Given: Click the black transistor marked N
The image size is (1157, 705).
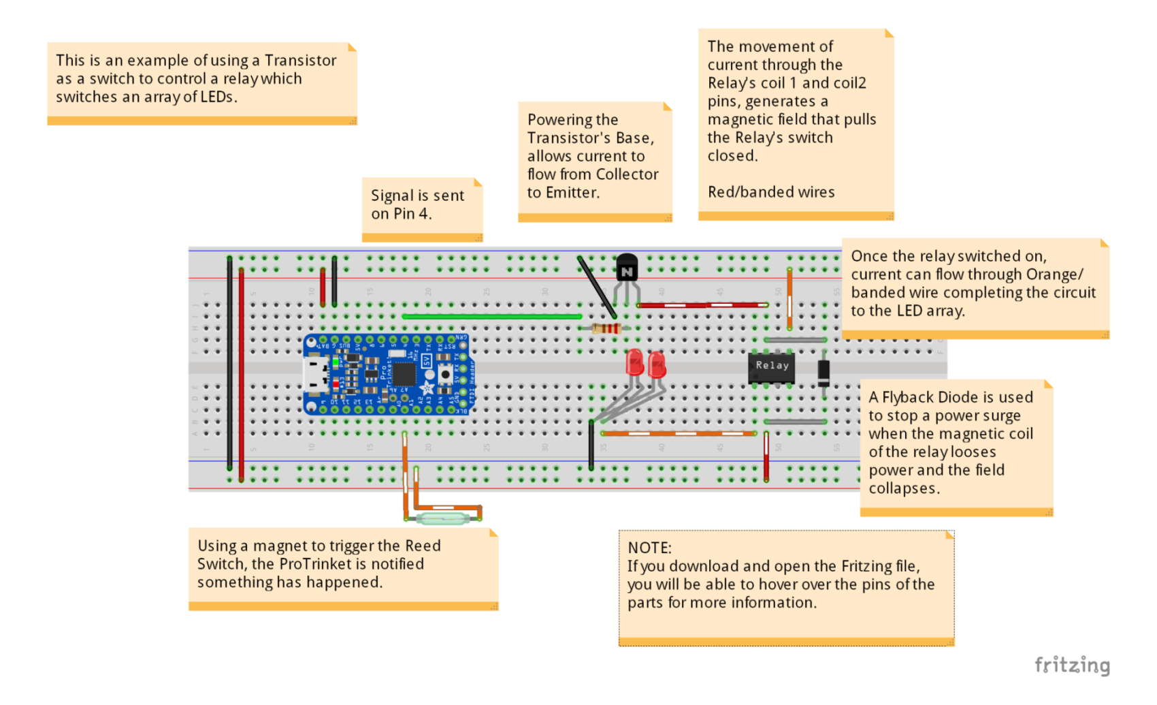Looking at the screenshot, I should [626, 270].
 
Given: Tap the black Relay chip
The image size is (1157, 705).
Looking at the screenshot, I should [771, 366].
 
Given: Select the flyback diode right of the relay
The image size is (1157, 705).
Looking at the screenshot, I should [824, 372].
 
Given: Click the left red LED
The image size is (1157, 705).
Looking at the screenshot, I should [634, 362].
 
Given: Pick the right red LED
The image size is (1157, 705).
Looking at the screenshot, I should [657, 364].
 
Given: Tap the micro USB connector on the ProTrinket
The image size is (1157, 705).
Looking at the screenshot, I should [314, 375].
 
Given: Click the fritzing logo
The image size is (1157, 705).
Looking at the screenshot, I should [1072, 665].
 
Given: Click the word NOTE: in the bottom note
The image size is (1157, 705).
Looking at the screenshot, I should [649, 548].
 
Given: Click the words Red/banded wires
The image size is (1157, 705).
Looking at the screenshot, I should [770, 192].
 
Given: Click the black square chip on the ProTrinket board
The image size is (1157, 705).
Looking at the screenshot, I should [404, 373].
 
